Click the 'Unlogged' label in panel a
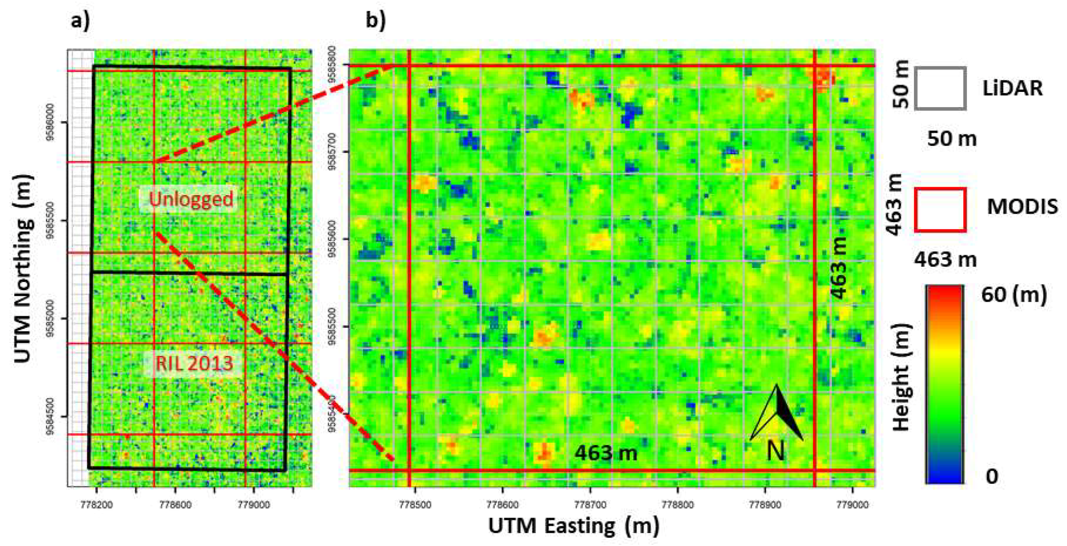pyautogui.click(x=191, y=199)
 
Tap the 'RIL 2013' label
pyautogui.click(x=194, y=363)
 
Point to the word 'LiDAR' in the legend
pyautogui.click(x=1012, y=89)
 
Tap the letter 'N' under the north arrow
pyautogui.click(x=775, y=451)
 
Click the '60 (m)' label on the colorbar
pyautogui.click(x=1014, y=295)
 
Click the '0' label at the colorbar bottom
pyautogui.click(x=992, y=477)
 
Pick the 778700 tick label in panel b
pyautogui.click(x=590, y=505)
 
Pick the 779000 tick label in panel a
pyautogui.click(x=254, y=505)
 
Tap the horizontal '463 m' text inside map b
pyautogui.click(x=606, y=453)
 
